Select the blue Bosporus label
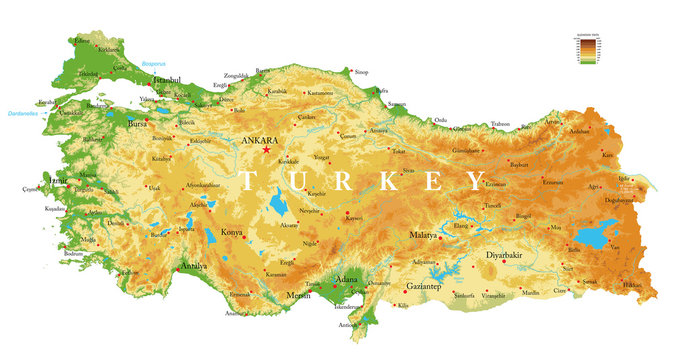(x=154, y=62)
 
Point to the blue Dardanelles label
(x=25, y=113)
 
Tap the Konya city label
(x=231, y=231)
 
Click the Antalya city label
(x=194, y=267)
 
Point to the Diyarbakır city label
(x=505, y=255)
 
